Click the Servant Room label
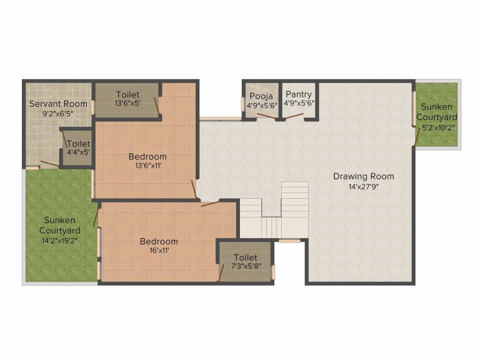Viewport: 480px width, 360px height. [58, 104]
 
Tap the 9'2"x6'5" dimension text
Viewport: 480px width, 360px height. [58, 113]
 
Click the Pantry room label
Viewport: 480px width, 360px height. [299, 95]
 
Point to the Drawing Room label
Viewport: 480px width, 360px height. [363, 177]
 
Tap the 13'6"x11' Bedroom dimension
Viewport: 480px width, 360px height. [148, 165]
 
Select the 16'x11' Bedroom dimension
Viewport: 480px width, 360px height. [159, 251]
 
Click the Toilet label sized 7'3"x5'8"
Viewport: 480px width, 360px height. [246, 257]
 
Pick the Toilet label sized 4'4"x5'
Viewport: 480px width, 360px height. [78, 144]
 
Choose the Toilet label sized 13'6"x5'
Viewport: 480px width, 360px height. [127, 95]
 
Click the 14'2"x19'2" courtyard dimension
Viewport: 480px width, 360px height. [60, 240]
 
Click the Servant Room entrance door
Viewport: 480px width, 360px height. [49, 164]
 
